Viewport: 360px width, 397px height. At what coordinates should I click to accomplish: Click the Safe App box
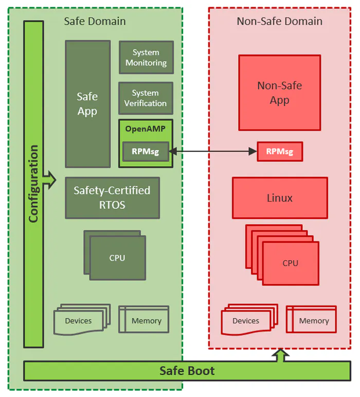[87, 104]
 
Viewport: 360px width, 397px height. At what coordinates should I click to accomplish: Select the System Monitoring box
[146, 58]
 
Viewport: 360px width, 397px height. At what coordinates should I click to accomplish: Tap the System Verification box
[146, 98]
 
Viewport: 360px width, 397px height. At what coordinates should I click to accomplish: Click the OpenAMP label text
[146, 129]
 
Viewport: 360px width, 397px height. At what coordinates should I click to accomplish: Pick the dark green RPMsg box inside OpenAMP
[146, 151]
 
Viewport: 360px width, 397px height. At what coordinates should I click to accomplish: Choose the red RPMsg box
[279, 151]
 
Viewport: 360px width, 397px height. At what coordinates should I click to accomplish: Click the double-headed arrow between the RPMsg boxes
[213, 151]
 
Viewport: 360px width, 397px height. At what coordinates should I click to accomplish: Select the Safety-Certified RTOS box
[112, 197]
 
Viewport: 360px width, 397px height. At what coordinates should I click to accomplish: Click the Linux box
[280, 198]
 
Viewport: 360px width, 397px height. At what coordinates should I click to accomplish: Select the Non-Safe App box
[279, 93]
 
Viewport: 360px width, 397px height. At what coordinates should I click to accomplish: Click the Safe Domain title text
[95, 21]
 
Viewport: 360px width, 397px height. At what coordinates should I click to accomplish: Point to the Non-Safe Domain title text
[279, 21]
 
